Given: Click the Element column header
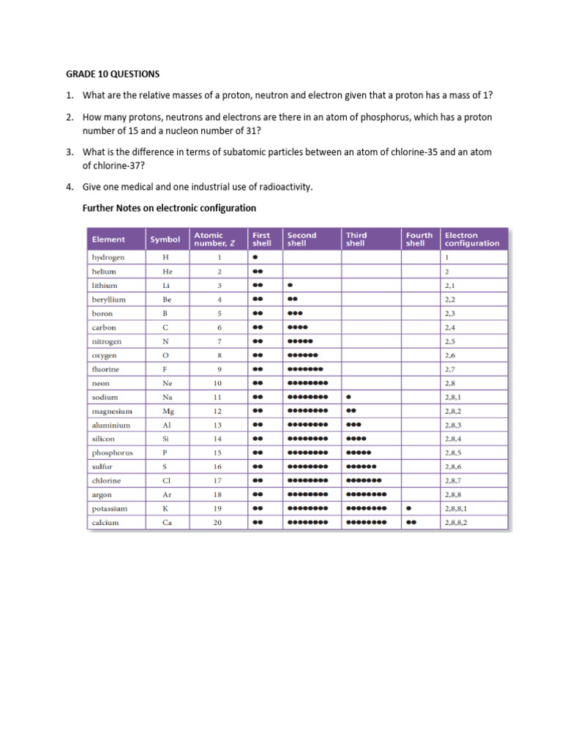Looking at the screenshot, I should click(108, 240).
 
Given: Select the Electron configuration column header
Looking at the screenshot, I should click(472, 240).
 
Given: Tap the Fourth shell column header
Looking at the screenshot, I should click(419, 240).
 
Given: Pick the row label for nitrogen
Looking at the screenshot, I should click(107, 341).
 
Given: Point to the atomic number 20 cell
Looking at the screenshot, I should click(217, 523).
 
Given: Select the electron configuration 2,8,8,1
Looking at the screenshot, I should click(456, 509).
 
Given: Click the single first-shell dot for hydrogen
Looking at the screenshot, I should click(255, 258).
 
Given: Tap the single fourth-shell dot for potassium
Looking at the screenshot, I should click(408, 509).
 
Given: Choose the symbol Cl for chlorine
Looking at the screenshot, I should click(168, 481).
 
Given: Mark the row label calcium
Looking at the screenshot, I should click(105, 523).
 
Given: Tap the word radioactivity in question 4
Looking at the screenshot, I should click(283, 187).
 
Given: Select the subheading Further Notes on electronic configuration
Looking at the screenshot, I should click(171, 208).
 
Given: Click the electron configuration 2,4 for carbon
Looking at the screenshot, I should click(449, 327).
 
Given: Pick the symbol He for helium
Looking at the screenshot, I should click(168, 272).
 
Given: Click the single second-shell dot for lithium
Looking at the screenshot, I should click(291, 286).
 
